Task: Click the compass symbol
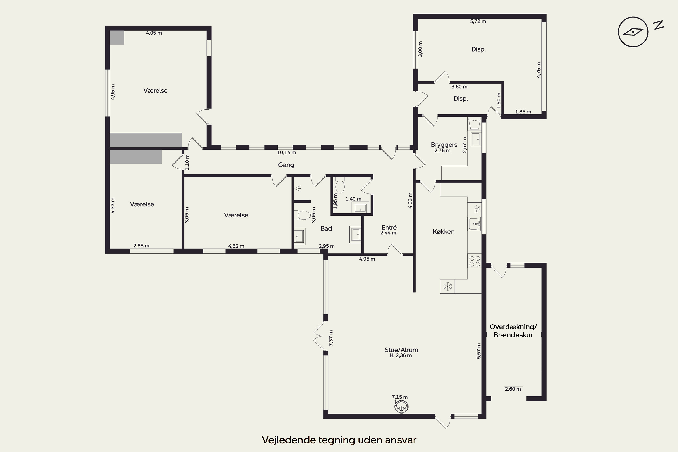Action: coord(633,32)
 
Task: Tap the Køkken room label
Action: coord(444,231)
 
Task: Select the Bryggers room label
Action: coord(444,144)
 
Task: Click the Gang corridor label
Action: coord(286,165)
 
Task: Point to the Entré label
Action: coord(389,227)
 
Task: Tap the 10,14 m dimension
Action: coord(287,153)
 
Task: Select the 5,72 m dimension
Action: coord(478,21)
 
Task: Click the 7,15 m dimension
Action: coord(400,397)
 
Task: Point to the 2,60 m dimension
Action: coord(513,389)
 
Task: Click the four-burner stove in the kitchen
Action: coord(474,261)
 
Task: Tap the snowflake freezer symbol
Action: coord(447,287)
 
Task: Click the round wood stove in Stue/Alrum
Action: coord(401,407)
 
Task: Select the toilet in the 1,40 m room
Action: coord(340,185)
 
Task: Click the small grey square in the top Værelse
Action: coord(117,38)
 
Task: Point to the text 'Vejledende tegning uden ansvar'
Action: coord(339,440)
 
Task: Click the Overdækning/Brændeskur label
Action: coord(513,331)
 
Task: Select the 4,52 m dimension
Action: coord(236,246)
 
